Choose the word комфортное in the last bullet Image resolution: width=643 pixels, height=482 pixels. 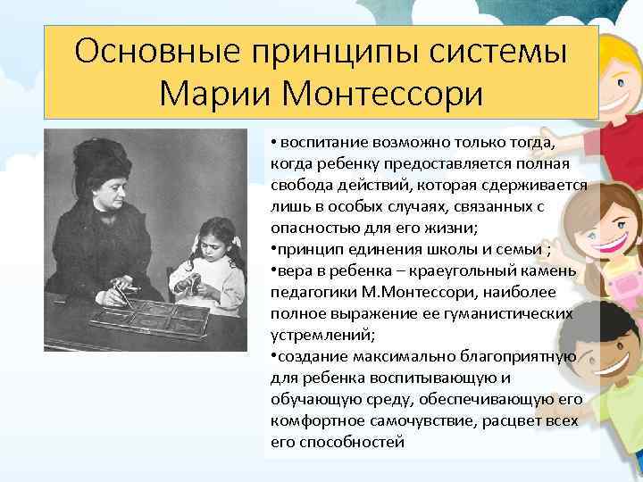pyautogui.click(x=308, y=420)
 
